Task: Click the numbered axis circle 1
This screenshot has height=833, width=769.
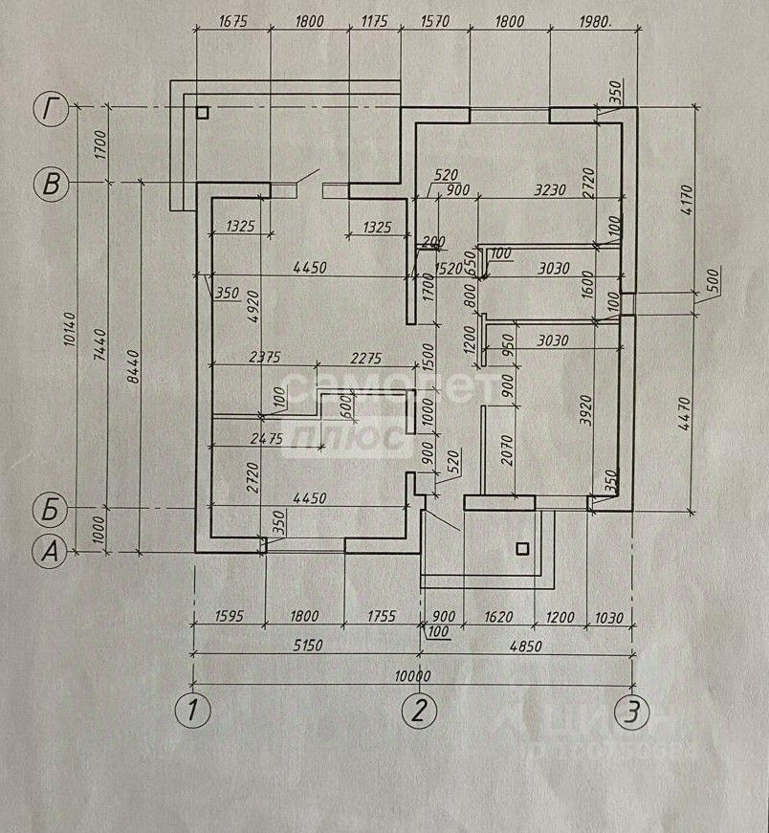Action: (194, 711)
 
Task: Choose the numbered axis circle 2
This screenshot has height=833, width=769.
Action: (419, 711)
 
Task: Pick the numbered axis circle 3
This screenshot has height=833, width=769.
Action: (631, 711)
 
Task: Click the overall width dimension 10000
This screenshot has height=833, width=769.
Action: (413, 673)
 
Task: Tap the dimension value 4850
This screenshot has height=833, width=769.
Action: (525, 647)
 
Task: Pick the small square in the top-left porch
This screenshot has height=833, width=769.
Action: (201, 112)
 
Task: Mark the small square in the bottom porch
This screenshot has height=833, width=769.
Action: (521, 549)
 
